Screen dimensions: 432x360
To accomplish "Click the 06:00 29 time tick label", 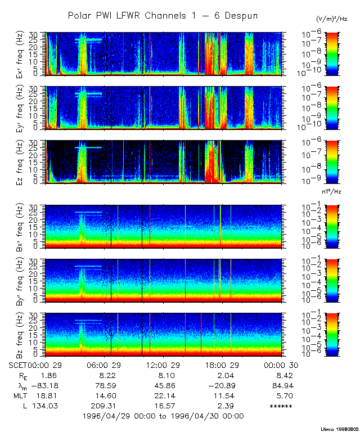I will (103, 364).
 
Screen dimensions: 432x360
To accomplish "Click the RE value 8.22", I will (107, 375).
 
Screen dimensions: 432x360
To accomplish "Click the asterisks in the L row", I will (281, 406).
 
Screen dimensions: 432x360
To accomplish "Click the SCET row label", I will (18, 364).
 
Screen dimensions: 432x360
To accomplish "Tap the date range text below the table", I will (163, 416).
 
